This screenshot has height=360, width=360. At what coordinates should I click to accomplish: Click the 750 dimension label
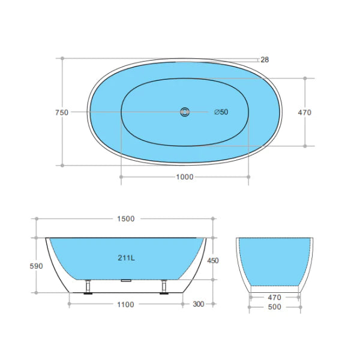click(x=62, y=113)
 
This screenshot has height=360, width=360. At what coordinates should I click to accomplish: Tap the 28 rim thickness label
click(x=265, y=59)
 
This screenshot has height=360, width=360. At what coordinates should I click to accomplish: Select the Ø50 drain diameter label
click(x=221, y=112)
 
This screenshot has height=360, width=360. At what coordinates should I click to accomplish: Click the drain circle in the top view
click(x=185, y=112)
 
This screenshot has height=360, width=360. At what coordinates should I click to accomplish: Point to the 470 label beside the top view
click(x=304, y=113)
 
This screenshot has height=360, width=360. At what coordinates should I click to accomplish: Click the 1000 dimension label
click(x=185, y=177)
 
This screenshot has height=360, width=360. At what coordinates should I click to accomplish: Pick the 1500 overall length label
click(x=126, y=219)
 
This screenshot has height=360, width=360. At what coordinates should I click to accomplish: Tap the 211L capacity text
click(x=126, y=258)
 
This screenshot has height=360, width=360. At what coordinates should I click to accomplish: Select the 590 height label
click(x=36, y=266)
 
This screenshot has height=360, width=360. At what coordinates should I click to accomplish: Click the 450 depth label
click(x=213, y=260)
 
